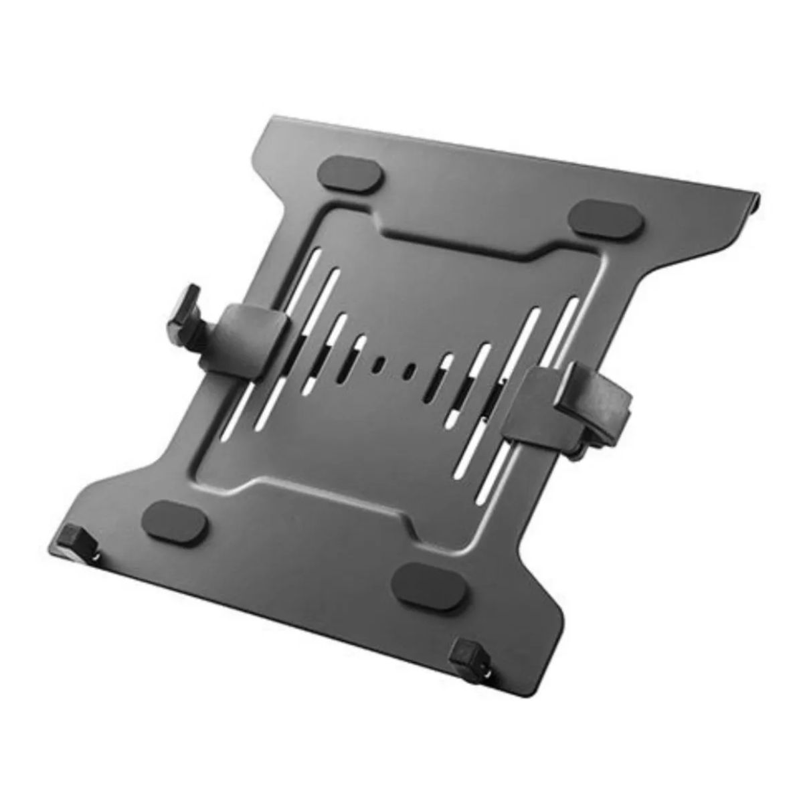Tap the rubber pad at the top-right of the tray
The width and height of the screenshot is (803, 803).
point(604,218)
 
